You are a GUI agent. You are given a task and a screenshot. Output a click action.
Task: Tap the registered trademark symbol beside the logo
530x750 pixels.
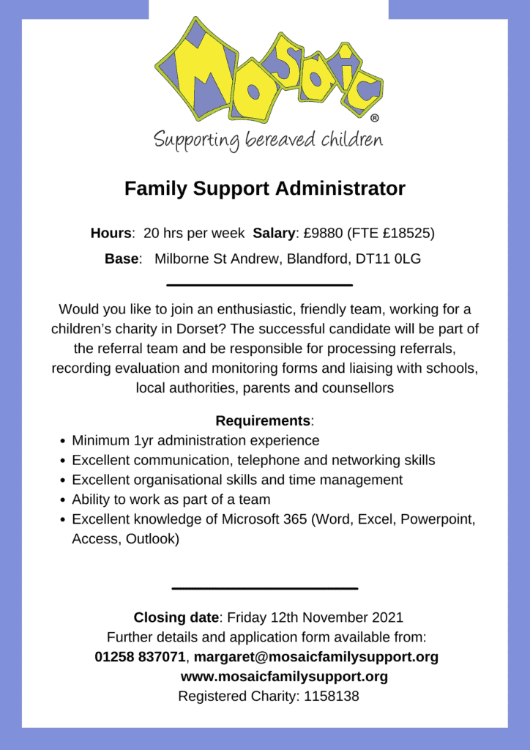click(x=375, y=117)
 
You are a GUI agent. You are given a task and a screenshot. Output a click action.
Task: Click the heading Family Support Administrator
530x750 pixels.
click(x=264, y=188)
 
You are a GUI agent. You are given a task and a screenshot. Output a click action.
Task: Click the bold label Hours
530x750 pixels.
click(x=111, y=234)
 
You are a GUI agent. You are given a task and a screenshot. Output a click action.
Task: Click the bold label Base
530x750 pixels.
click(x=122, y=259)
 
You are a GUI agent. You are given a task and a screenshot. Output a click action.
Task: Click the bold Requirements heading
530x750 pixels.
click(x=263, y=421)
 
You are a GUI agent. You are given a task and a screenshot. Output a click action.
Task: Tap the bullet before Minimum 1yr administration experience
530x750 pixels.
click(x=61, y=441)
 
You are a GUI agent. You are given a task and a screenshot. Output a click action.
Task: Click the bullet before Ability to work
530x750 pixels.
click(x=61, y=500)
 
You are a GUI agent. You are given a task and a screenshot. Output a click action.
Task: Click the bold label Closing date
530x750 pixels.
click(x=176, y=617)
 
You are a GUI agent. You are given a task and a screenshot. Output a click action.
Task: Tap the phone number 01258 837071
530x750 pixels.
click(x=140, y=657)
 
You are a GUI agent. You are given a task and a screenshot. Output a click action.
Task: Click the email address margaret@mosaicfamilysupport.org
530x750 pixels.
click(x=316, y=657)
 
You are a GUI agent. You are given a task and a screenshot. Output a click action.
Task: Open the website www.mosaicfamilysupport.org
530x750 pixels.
click(x=284, y=676)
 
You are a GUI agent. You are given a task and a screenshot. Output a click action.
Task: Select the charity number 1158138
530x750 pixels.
click(x=329, y=696)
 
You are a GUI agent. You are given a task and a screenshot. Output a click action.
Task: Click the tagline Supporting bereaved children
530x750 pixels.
click(x=268, y=139)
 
